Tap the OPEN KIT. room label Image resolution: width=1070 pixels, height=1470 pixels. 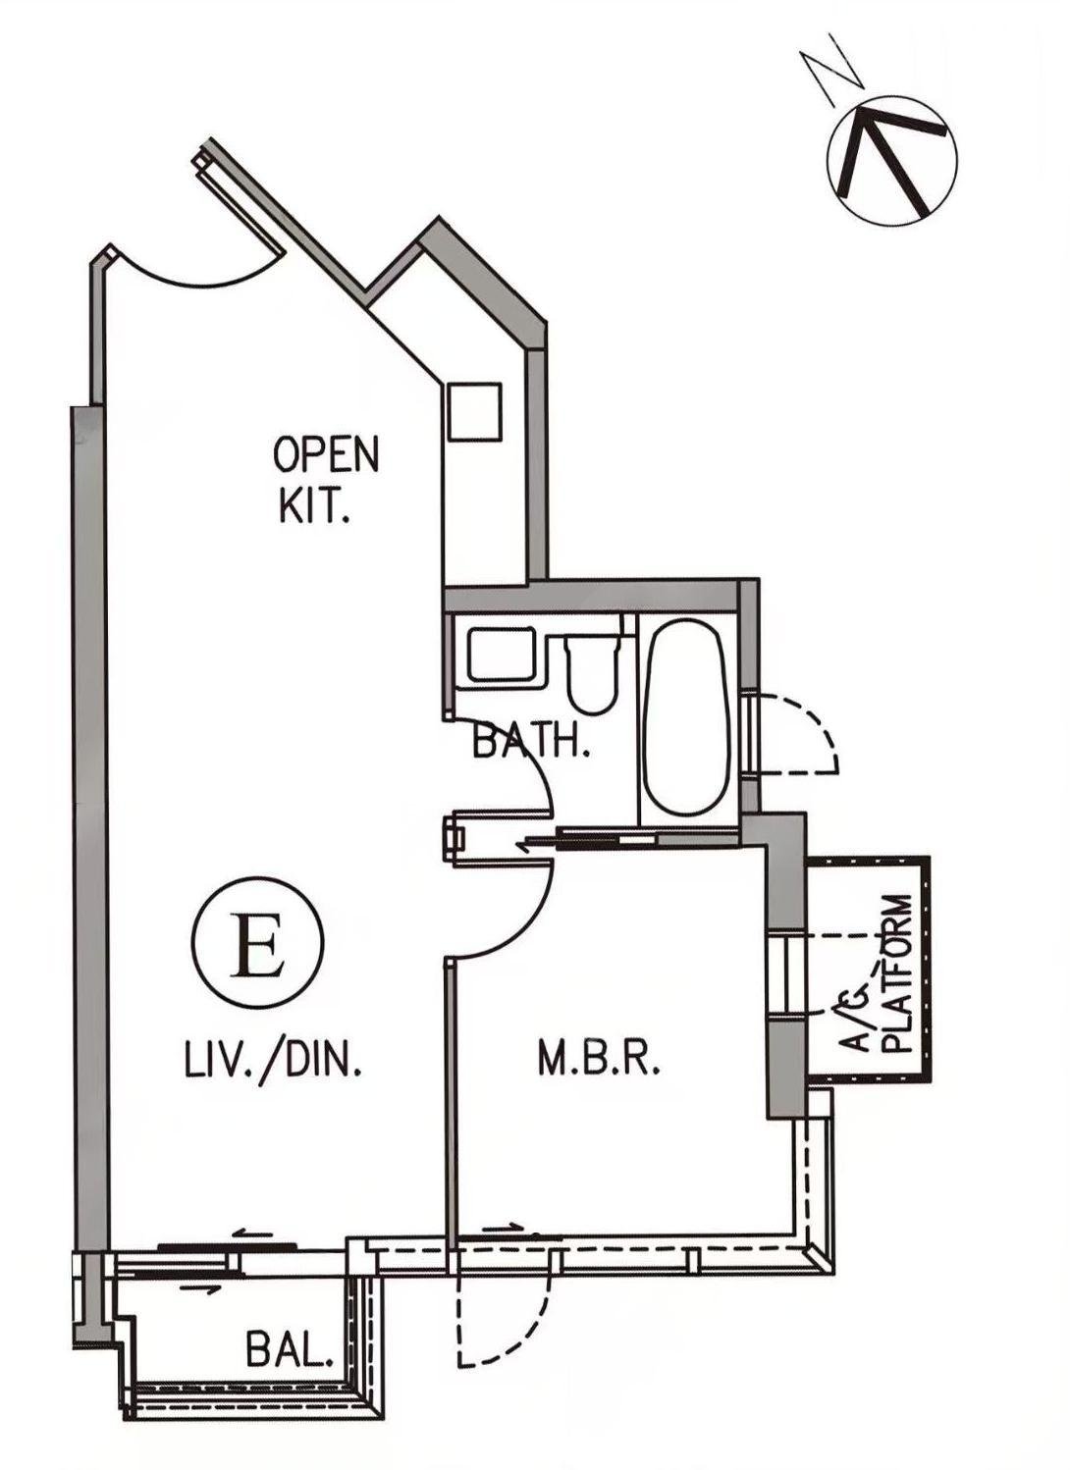(326, 481)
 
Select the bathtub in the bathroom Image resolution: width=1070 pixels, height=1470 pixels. (687, 717)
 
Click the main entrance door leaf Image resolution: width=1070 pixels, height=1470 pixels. (238, 200)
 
